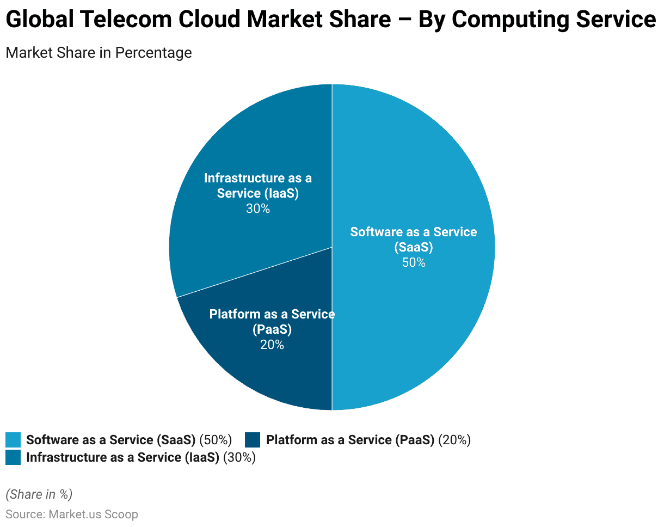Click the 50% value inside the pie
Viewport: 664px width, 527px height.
click(x=414, y=262)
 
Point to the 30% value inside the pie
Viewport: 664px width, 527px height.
click(x=257, y=209)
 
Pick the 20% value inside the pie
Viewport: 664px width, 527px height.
click(x=272, y=345)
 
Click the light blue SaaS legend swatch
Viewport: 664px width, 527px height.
click(x=13, y=440)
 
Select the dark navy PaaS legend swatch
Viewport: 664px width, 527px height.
click(x=253, y=440)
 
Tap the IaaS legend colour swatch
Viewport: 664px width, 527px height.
click(x=13, y=457)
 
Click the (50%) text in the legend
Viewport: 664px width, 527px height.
click(x=216, y=440)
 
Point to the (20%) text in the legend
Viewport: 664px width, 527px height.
click(x=454, y=440)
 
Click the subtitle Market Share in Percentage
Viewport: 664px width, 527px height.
click(x=99, y=53)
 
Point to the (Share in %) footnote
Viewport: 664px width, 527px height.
click(x=39, y=494)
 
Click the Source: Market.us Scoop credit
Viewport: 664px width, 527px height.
click(x=72, y=514)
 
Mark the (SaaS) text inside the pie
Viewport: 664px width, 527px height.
click(x=414, y=247)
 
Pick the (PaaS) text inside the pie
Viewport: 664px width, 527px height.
click(x=272, y=329)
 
